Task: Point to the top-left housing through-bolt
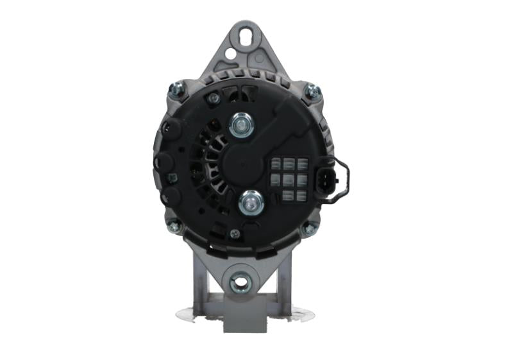point(174,89)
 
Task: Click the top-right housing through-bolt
point(312,92)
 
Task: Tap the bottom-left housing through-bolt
point(174,225)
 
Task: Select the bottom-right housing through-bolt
point(308,228)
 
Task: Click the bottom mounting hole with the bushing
point(241,281)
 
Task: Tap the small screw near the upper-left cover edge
point(214,98)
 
